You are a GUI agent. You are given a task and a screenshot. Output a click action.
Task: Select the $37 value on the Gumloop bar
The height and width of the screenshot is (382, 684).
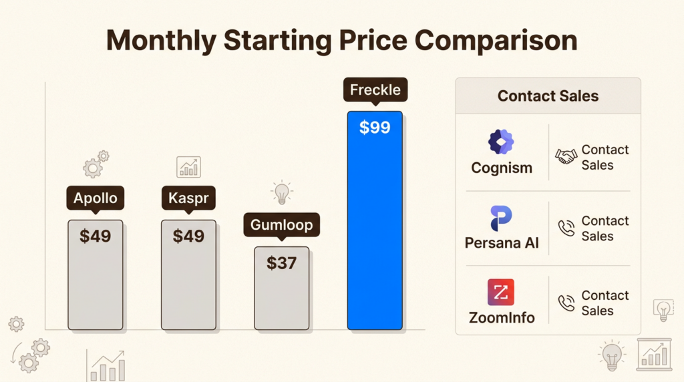(281, 262)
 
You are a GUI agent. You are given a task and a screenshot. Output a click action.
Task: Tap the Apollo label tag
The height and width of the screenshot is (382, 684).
(95, 198)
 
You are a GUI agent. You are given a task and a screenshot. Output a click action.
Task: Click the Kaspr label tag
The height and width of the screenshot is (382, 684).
(188, 198)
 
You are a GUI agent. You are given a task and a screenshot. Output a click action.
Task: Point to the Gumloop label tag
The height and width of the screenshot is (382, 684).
(281, 225)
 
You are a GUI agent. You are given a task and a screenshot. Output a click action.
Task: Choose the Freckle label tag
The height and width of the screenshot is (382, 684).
(375, 90)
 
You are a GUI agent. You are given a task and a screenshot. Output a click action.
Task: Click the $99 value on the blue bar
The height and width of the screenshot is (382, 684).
(375, 128)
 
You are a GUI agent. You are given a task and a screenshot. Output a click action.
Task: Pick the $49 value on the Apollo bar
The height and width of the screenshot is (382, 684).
(95, 236)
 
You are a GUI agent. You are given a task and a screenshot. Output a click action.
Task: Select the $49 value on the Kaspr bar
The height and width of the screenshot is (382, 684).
(188, 236)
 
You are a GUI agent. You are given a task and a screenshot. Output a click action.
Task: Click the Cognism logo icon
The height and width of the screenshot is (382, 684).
(502, 142)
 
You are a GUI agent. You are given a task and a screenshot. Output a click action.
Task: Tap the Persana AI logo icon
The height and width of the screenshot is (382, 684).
(502, 218)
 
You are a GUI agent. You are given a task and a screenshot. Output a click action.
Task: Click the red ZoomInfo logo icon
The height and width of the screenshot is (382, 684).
(501, 293)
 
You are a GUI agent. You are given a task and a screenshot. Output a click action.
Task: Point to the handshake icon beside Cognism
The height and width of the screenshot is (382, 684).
(566, 156)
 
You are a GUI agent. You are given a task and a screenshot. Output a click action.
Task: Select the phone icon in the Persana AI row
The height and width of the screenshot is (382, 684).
(566, 229)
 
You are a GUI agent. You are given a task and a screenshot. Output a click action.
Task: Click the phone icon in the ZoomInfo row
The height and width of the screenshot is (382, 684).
(566, 303)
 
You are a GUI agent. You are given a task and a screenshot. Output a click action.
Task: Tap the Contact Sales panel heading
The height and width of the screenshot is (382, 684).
(548, 95)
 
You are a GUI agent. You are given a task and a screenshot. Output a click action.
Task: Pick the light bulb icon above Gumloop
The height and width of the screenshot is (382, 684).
(281, 192)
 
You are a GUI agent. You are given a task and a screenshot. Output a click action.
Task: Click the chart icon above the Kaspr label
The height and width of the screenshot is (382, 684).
(188, 167)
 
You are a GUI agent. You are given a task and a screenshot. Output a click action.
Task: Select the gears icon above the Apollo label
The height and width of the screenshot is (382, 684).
(96, 164)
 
